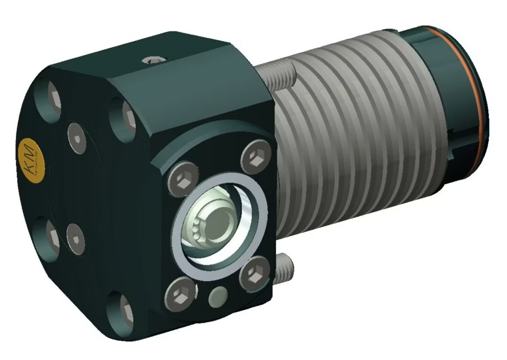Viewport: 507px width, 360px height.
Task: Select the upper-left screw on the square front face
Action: pos(180,180)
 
